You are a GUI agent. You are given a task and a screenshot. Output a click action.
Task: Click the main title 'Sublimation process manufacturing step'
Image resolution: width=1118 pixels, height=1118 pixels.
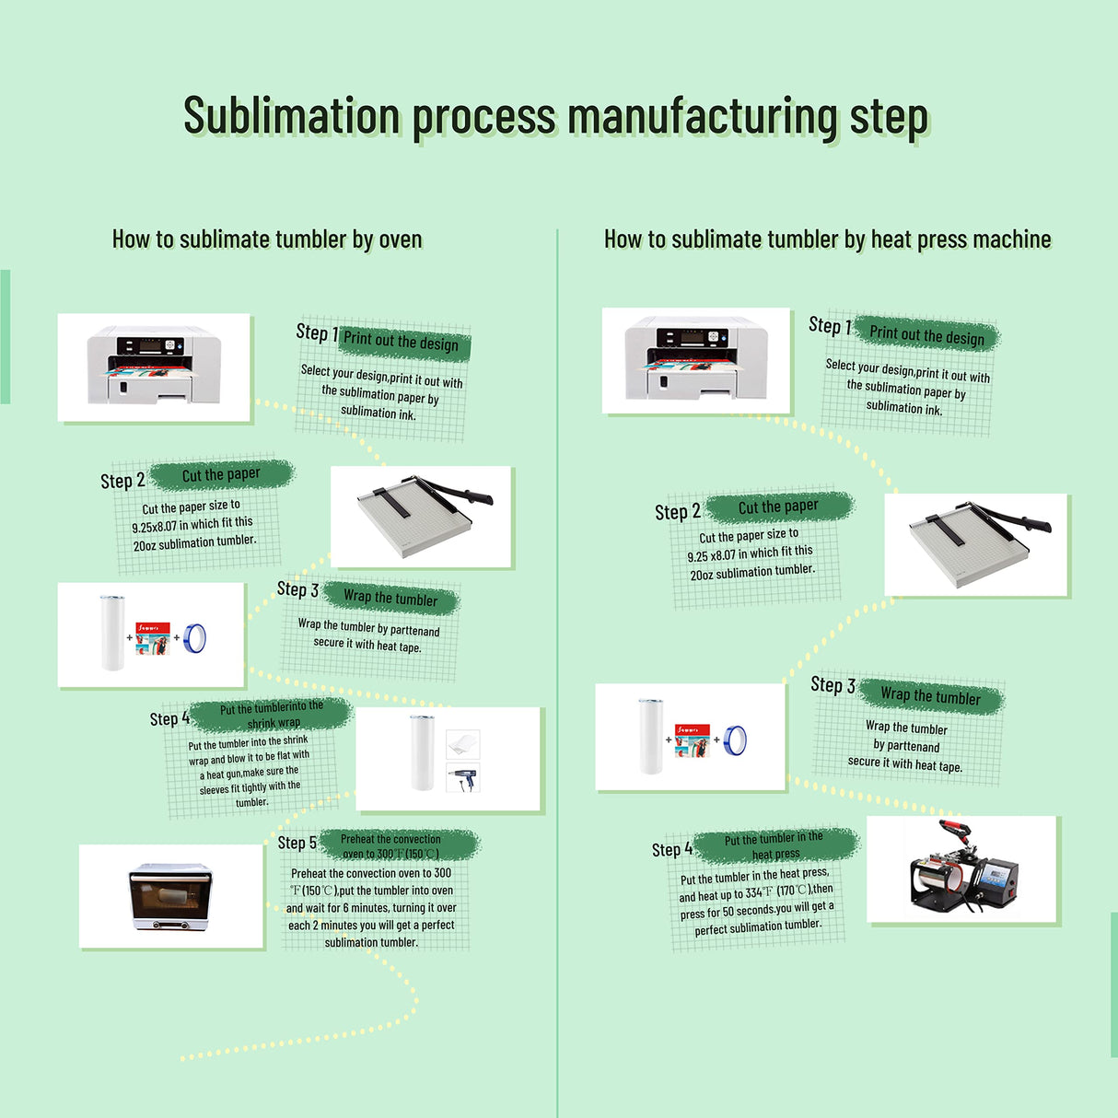[x=555, y=117]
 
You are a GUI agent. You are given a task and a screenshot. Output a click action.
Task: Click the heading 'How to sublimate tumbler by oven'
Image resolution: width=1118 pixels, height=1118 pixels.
[x=267, y=239]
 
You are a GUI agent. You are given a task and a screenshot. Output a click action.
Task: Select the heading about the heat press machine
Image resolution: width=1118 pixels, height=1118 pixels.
[x=827, y=239]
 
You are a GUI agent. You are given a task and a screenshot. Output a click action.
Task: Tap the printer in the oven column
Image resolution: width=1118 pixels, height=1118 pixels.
[x=154, y=367]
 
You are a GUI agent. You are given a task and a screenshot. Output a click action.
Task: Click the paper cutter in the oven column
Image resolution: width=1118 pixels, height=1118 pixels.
[x=422, y=515]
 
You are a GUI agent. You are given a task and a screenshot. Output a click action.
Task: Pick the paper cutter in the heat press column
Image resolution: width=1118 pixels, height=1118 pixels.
[x=976, y=543]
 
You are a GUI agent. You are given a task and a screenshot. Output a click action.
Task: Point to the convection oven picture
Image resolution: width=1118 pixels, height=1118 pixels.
[x=171, y=895]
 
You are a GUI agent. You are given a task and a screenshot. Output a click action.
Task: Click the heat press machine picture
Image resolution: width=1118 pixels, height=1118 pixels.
[x=962, y=868]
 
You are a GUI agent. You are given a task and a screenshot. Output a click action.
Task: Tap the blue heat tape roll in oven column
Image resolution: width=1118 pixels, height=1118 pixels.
[x=194, y=637]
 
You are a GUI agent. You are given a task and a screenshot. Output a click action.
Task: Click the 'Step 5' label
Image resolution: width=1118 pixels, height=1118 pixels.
[x=297, y=843]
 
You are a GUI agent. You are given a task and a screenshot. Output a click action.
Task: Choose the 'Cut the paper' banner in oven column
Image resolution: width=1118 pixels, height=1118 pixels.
[x=221, y=474]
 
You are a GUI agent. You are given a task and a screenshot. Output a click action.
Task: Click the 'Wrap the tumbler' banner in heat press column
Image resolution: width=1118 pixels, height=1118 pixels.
[x=930, y=695]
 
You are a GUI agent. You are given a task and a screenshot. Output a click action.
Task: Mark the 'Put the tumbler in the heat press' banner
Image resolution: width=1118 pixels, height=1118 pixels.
[x=774, y=845]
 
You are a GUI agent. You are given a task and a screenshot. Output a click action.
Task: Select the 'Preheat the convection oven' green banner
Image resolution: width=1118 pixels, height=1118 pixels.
[x=390, y=845]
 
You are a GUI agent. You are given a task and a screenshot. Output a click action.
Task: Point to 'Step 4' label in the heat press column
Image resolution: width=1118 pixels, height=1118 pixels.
[x=670, y=849]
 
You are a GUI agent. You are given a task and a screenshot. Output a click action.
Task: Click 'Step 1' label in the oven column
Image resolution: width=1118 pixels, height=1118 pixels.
[x=316, y=332]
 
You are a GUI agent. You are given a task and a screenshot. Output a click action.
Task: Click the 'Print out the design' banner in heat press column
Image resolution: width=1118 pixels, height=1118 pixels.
[x=926, y=336]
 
